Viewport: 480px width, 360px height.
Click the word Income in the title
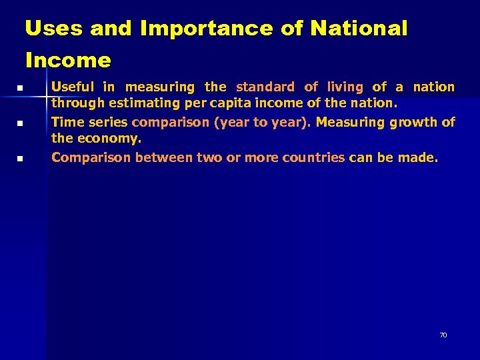pos(68,61)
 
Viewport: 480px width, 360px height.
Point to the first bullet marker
pos(20,88)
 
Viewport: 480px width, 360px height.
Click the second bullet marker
pos(20,123)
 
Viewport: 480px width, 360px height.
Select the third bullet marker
pos(20,159)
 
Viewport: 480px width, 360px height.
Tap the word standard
pos(265,87)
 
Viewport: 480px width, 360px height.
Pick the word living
pos(345,87)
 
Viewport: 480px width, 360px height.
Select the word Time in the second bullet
pos(67,122)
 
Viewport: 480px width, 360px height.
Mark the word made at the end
pos(421,157)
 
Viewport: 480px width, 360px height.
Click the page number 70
pos(443,335)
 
